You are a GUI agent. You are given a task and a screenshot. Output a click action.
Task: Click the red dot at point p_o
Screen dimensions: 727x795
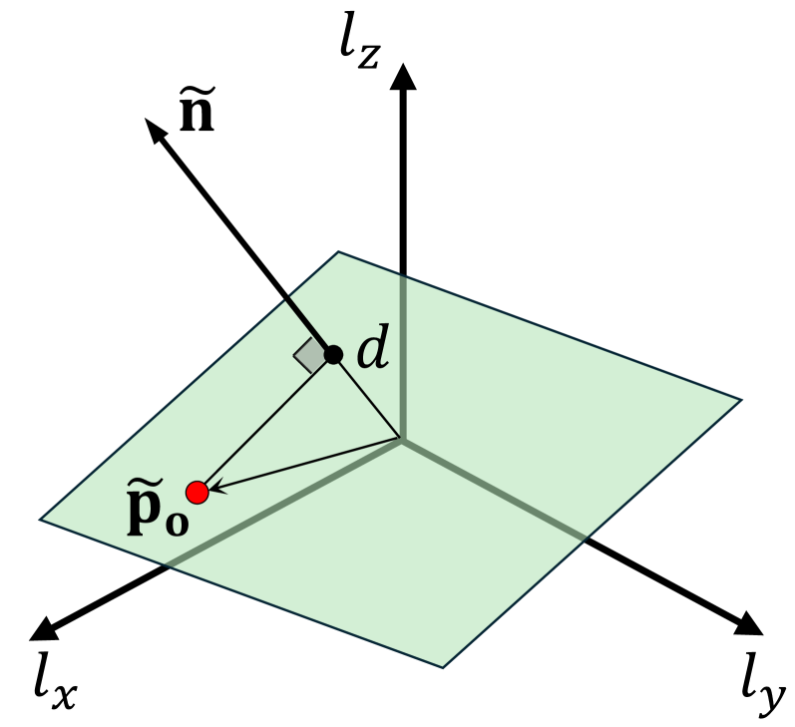click(198, 492)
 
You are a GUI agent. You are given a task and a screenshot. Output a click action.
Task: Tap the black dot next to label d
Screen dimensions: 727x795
click(333, 354)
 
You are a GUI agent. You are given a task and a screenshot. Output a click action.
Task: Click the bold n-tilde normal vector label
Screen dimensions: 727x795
click(198, 111)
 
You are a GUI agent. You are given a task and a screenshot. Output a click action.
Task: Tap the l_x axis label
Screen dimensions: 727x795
click(53, 685)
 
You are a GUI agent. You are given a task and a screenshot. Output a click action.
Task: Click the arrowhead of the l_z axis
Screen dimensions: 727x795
click(403, 74)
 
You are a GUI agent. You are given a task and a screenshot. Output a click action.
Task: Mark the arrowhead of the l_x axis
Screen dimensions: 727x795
click(42, 628)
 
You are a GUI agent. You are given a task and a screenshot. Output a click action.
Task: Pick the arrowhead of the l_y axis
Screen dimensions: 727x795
click(750, 624)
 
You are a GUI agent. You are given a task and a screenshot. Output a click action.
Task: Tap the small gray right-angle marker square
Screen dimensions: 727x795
click(309, 354)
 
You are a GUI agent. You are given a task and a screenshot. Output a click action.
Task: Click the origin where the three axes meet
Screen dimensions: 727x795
click(402, 439)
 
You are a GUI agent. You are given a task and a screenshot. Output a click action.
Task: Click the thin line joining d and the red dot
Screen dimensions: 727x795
click(266, 422)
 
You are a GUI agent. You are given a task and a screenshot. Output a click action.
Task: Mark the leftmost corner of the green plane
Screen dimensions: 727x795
click(40, 519)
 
